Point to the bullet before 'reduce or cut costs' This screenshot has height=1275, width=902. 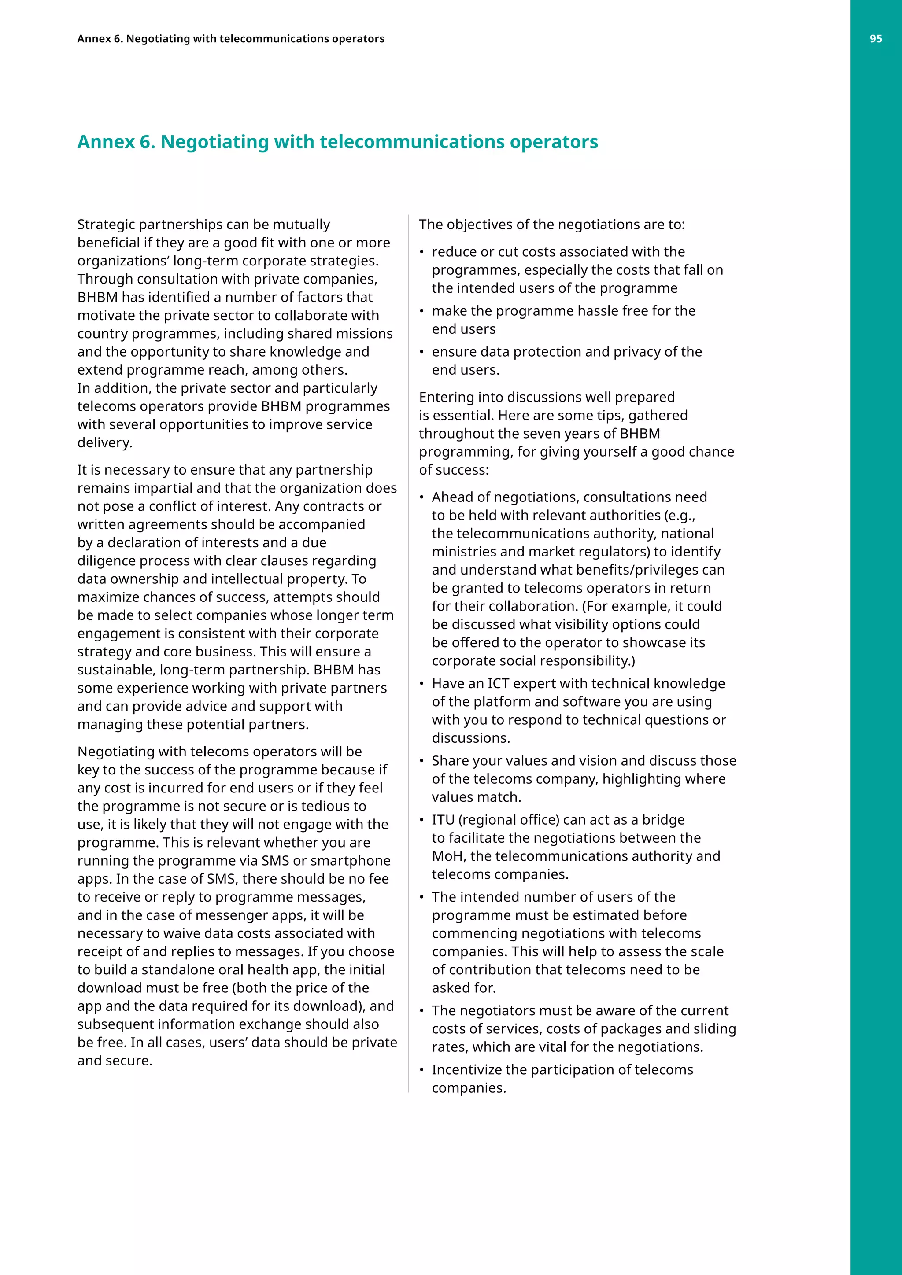421,253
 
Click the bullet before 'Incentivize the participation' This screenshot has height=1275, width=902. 421,1071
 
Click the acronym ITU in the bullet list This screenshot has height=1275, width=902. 443,820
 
